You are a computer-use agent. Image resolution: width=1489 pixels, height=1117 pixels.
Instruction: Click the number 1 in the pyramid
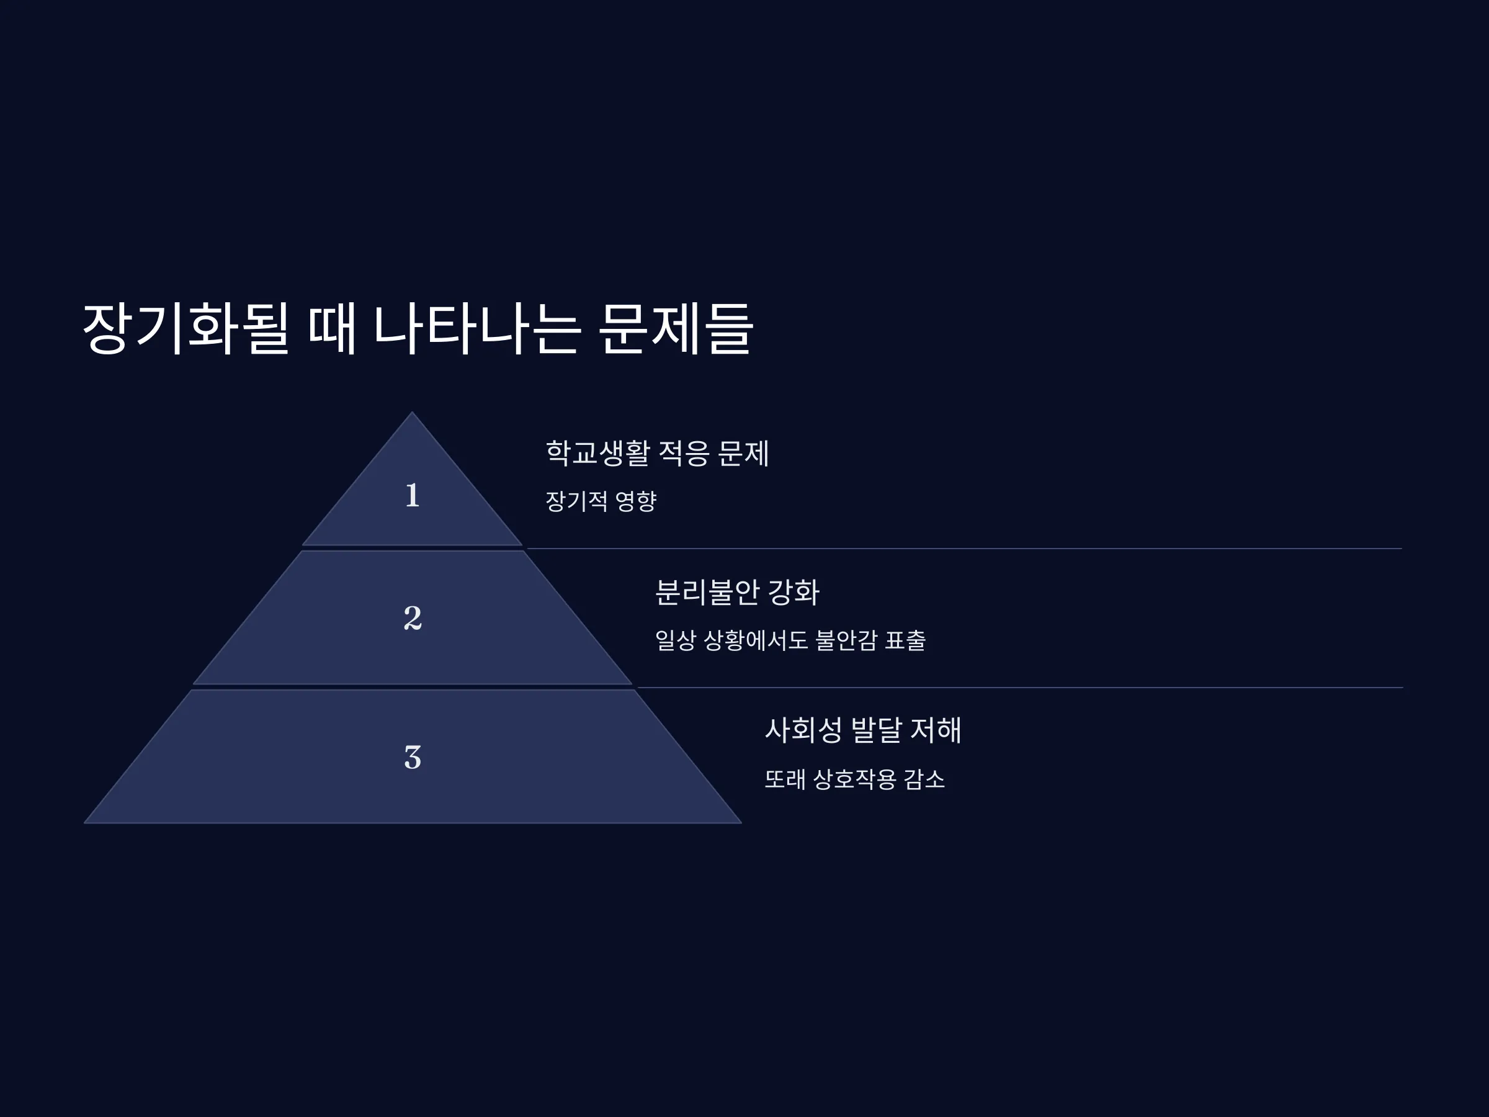click(x=413, y=495)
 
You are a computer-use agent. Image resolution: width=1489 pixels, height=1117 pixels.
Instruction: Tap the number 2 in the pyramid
click(x=413, y=617)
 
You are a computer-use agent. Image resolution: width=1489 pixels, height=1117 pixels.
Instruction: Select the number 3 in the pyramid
click(x=413, y=757)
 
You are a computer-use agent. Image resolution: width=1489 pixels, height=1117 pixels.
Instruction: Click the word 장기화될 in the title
click(x=186, y=328)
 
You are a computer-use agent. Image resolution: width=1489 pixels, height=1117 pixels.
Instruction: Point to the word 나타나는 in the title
click(x=476, y=328)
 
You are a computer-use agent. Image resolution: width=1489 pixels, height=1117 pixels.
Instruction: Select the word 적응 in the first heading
click(x=683, y=452)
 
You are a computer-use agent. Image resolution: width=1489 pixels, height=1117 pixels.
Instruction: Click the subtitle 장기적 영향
click(x=601, y=501)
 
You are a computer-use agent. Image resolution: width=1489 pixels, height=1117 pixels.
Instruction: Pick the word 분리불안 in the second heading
click(x=707, y=592)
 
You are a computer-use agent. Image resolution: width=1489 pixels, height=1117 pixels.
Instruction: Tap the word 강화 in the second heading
click(x=794, y=592)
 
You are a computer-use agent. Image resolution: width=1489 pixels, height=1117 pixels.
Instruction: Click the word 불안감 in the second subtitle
click(x=846, y=640)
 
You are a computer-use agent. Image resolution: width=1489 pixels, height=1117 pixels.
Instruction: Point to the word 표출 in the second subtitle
click(x=905, y=640)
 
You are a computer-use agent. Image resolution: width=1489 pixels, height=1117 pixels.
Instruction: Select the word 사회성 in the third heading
click(x=803, y=730)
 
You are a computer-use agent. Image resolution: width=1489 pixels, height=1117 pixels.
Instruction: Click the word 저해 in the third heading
click(x=936, y=730)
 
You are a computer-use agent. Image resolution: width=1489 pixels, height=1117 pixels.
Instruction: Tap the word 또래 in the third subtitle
click(x=785, y=779)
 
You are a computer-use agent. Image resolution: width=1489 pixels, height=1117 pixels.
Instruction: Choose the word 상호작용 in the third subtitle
click(x=854, y=779)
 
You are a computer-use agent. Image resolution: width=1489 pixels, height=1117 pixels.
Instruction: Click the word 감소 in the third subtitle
click(x=924, y=779)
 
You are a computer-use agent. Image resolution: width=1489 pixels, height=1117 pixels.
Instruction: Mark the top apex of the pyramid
click(x=413, y=412)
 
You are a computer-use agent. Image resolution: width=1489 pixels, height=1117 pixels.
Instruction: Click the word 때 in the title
click(x=332, y=328)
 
